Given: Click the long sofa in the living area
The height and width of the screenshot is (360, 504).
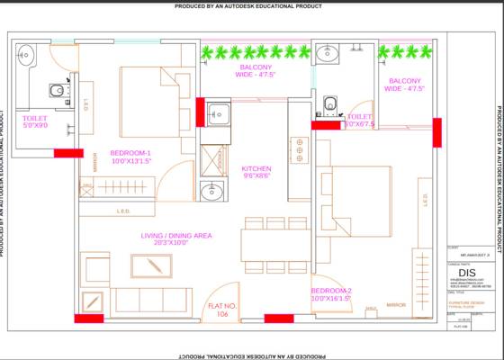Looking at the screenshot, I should (150, 300).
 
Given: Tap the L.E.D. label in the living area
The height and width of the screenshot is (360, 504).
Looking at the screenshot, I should (124, 212).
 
